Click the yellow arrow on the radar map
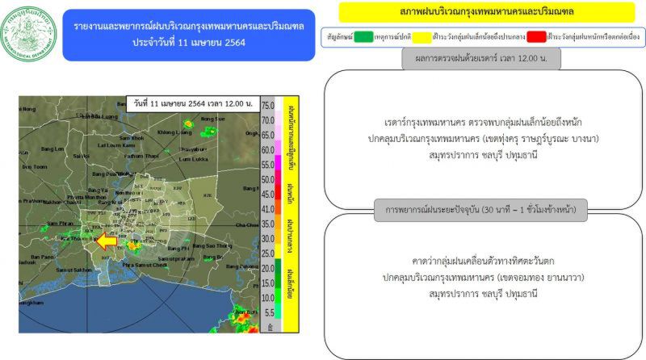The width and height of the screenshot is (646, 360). [x=107, y=240]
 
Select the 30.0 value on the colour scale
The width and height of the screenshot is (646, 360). [x=268, y=238]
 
